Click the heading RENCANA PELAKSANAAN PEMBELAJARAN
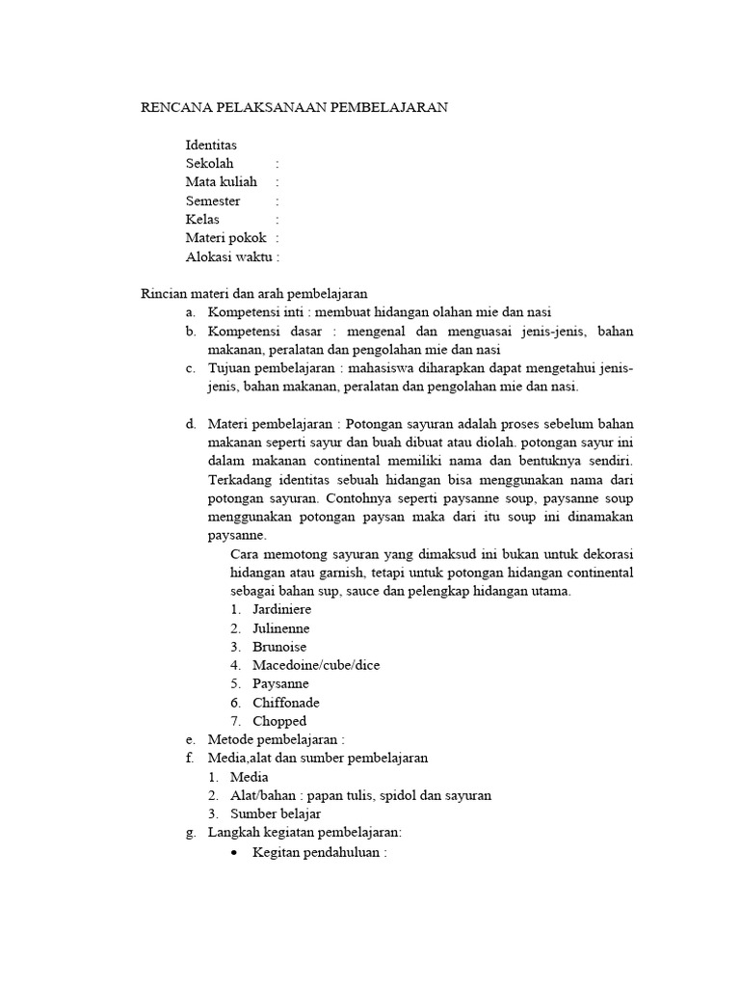[294, 108]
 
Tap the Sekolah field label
[210, 163]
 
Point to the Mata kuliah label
[222, 181]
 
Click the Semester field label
[213, 200]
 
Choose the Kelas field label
[202, 219]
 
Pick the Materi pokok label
[225, 238]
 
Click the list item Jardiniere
[281, 609]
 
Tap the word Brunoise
[279, 647]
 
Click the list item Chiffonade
[286, 703]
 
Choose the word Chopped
[279, 721]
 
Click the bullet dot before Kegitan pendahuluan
[236, 852]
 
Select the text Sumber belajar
[289, 814]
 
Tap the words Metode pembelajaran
[274, 739]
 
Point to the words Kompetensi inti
[252, 312]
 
